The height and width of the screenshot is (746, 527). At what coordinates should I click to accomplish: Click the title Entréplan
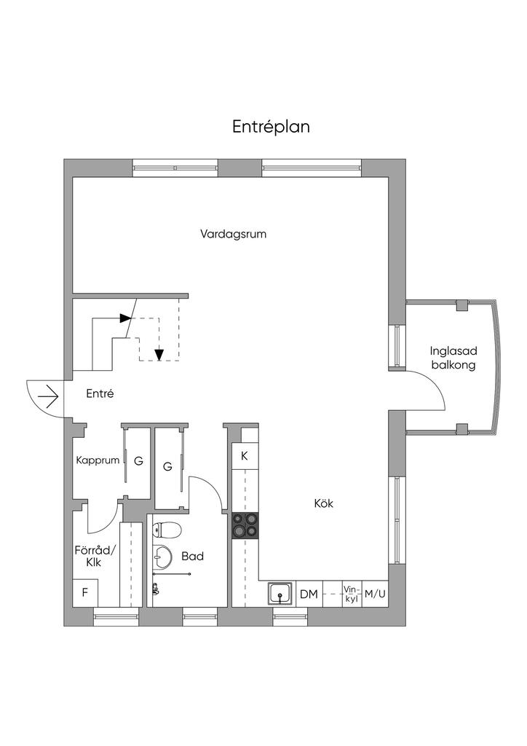tap(271, 127)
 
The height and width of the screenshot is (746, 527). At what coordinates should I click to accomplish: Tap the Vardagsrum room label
tap(233, 234)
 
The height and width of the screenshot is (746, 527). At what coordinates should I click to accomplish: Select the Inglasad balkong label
tap(453, 358)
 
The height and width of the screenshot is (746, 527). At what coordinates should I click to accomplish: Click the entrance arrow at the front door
tap(48, 396)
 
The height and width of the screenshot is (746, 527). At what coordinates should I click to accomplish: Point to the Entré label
tap(100, 394)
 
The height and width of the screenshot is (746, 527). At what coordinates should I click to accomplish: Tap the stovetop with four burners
tap(245, 526)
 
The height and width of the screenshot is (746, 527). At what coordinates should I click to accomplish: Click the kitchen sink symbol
tap(282, 594)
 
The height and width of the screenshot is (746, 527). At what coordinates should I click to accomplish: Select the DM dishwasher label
tap(309, 594)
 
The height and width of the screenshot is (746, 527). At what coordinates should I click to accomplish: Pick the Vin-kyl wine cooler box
tap(352, 594)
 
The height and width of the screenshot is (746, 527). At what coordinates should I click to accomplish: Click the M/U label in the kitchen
tap(375, 594)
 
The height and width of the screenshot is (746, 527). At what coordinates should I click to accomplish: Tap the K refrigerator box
tap(245, 456)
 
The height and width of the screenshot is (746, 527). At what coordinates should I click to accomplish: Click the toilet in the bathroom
tap(167, 530)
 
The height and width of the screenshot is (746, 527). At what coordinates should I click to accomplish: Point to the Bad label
tap(192, 556)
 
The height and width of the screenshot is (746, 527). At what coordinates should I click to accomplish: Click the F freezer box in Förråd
tap(85, 593)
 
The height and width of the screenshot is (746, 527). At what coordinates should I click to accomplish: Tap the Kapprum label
tap(98, 460)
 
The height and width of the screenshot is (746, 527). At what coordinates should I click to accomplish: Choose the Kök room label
tap(324, 503)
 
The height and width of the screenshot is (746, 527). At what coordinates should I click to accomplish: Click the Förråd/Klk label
tap(95, 556)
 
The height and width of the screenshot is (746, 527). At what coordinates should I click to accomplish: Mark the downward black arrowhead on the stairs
tap(159, 355)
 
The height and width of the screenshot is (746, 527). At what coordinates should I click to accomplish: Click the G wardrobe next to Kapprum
tap(139, 461)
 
